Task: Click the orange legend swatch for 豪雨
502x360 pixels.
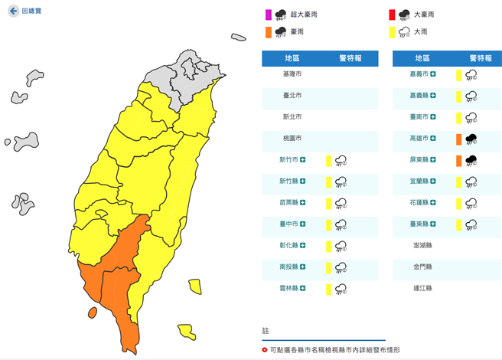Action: [x=268, y=32]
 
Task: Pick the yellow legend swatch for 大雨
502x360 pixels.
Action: [x=391, y=32]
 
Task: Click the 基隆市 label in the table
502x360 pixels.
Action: [x=293, y=74]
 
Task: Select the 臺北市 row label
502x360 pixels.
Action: [x=293, y=96]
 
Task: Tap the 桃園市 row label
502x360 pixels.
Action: [x=293, y=139]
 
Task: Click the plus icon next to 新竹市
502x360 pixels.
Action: [x=304, y=160]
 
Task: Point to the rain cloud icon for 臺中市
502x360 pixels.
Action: [x=341, y=224]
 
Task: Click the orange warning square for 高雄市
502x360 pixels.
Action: [x=458, y=139]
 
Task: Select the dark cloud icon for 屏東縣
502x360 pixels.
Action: [x=471, y=160]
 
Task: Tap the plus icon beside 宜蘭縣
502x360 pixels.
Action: [x=434, y=182]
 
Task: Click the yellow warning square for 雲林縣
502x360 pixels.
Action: [x=328, y=289]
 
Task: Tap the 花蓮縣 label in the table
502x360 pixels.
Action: [x=420, y=203]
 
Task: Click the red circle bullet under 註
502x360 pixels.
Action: [x=265, y=349]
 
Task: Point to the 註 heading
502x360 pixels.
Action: [x=266, y=331]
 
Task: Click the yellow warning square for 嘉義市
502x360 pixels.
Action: [x=458, y=74]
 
